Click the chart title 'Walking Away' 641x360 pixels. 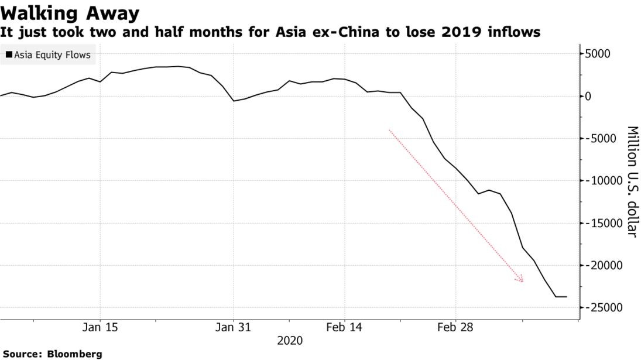click(x=70, y=13)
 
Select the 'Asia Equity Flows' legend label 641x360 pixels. click(x=53, y=55)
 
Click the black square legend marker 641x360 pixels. click(x=9, y=55)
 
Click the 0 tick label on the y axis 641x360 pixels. click(x=589, y=96)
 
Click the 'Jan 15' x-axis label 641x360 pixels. click(x=100, y=327)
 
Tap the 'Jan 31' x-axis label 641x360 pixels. click(x=234, y=327)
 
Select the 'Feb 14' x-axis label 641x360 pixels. click(x=345, y=327)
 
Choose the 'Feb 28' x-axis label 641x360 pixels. click(x=455, y=327)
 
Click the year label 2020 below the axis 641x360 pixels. click(x=290, y=340)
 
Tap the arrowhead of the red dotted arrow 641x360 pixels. click(x=520, y=280)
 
